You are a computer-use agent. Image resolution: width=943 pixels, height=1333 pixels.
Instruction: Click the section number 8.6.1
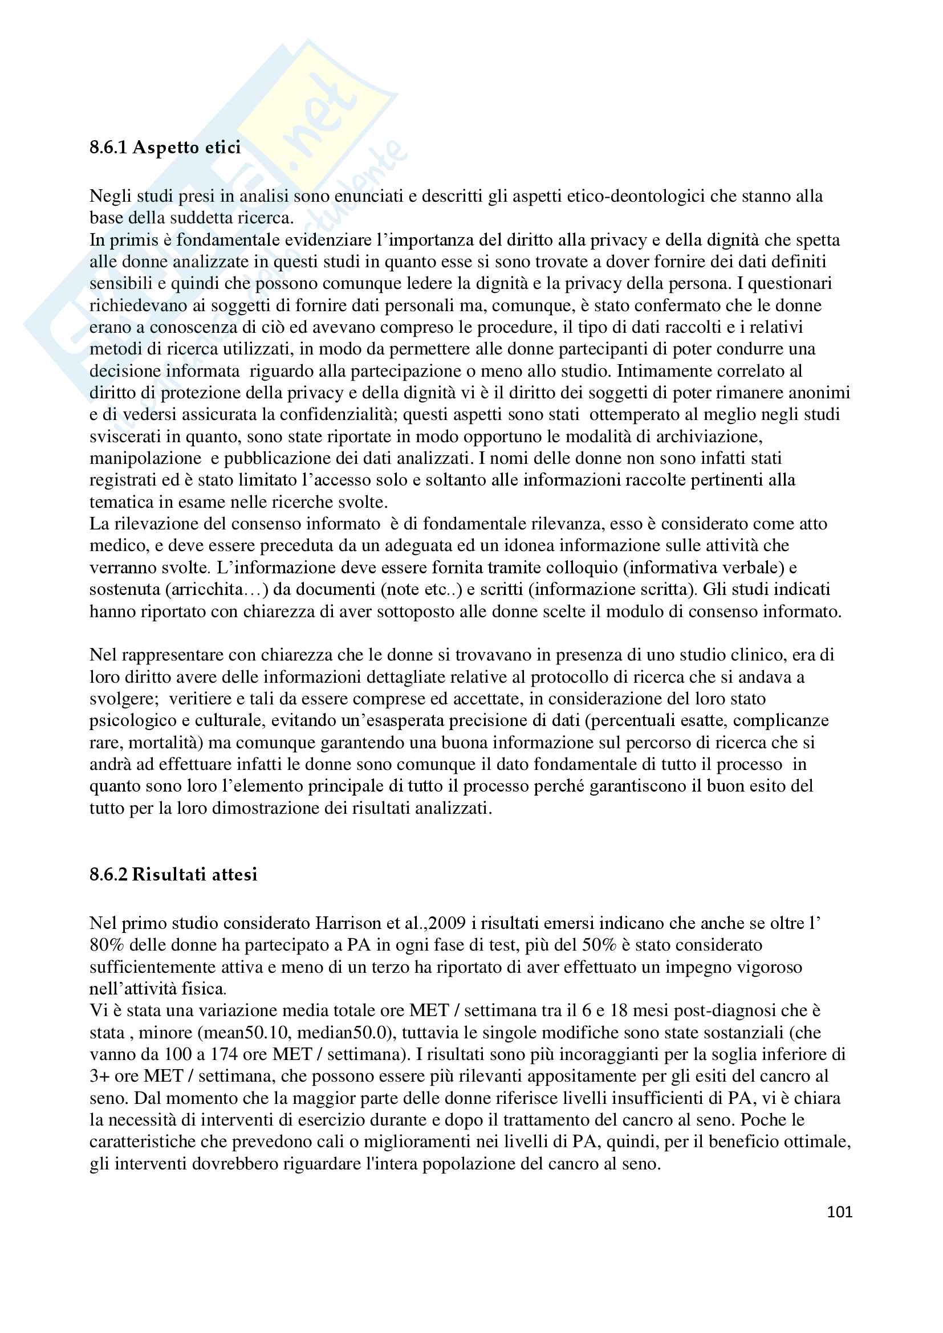point(108,148)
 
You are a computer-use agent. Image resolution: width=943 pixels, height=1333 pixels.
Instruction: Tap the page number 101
point(839,1212)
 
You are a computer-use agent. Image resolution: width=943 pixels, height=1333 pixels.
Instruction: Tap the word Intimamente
point(671,370)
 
